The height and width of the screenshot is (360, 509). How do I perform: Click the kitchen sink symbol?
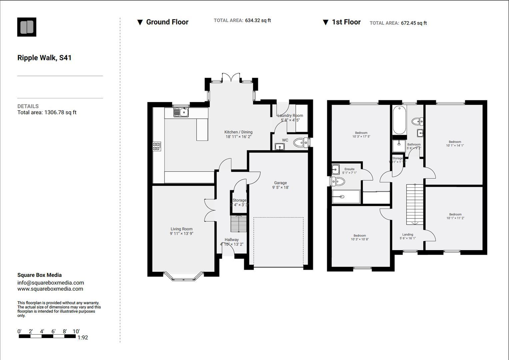[181, 112]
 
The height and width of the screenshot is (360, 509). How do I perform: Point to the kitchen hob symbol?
[157, 146]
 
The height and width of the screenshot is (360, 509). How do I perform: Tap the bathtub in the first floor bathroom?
[399, 120]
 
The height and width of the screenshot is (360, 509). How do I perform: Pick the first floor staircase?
[415, 204]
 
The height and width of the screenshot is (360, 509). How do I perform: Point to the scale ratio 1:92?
[83, 337]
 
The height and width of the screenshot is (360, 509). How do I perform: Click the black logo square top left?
[27, 27]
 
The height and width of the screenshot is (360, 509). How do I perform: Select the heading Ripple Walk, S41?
[44, 58]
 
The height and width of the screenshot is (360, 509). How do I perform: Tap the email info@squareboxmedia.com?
[51, 283]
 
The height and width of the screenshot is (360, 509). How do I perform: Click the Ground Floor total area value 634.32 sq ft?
[258, 20]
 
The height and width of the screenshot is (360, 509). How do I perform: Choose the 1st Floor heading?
[346, 22]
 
